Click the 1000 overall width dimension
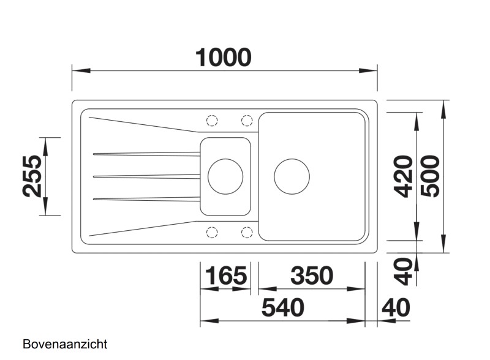click(224, 57)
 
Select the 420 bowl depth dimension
click(402, 176)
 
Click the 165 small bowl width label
click(224, 276)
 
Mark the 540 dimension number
click(282, 308)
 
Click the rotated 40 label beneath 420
click(402, 271)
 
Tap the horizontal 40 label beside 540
click(396, 308)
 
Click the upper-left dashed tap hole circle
click(212, 120)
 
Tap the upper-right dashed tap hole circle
click(247, 120)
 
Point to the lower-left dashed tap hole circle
click(212, 232)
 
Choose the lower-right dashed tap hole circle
click(247, 232)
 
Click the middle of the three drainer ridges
click(147, 176)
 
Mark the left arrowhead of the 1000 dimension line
click(80, 71)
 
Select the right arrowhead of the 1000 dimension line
click(369, 71)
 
